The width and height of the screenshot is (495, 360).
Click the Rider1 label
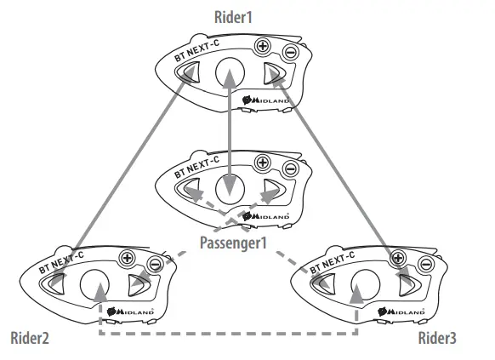click(236, 15)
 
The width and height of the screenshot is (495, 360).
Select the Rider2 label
click(30, 339)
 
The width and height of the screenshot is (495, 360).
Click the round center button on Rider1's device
click(230, 73)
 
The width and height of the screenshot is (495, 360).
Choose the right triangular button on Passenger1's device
click(271, 187)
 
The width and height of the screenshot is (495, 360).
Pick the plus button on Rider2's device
click(129, 256)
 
